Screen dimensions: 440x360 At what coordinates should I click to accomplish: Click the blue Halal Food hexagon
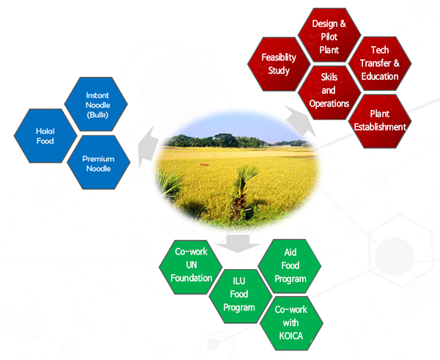pyautogui.click(x=45, y=136)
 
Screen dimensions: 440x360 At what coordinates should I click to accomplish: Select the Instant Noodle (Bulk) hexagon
pyautogui.click(x=96, y=104)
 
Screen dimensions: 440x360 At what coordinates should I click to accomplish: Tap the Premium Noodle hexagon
pyautogui.click(x=98, y=162)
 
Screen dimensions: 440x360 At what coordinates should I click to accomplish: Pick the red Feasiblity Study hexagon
pyautogui.click(x=279, y=64)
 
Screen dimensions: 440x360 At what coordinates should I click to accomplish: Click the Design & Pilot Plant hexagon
pyautogui.click(x=329, y=35)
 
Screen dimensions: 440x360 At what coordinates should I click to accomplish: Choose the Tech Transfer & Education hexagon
pyautogui.click(x=380, y=63)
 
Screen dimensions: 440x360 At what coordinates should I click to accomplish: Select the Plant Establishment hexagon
pyautogui.click(x=380, y=121)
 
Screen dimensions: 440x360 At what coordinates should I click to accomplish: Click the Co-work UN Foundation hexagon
pyautogui.click(x=191, y=267)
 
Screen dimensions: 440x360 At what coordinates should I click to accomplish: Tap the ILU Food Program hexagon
pyautogui.click(x=241, y=296)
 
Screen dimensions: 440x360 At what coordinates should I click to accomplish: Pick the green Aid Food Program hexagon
pyautogui.click(x=290, y=266)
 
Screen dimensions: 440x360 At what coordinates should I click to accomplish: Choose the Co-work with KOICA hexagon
pyautogui.click(x=292, y=323)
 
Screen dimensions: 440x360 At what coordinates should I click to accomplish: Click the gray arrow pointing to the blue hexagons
pyautogui.click(x=147, y=147)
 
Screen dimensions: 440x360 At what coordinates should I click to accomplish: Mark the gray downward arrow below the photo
pyautogui.click(x=238, y=243)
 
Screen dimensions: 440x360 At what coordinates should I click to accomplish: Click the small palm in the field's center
pyautogui.click(x=243, y=191)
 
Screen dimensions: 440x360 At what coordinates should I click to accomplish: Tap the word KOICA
pyautogui.click(x=291, y=336)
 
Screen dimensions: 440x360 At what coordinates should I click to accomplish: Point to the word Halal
pyautogui.click(x=45, y=131)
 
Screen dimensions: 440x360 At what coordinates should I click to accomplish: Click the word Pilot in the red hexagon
pyautogui.click(x=329, y=37)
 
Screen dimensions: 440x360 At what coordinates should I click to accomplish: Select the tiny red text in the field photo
pyautogui.click(x=205, y=165)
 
